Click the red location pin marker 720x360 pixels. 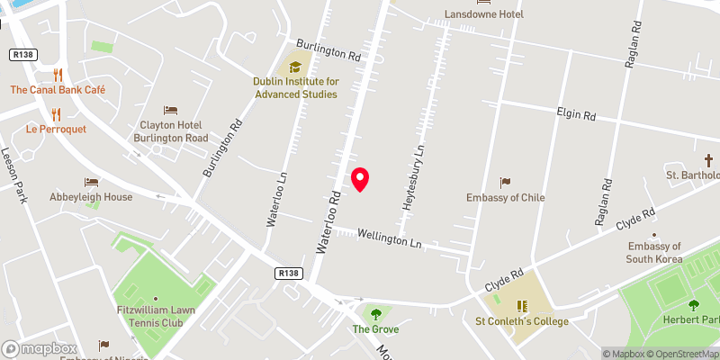coord(360,178)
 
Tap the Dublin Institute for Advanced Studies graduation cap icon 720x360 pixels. coord(294,66)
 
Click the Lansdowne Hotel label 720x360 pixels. coord(484,14)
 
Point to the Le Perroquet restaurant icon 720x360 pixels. coord(56,114)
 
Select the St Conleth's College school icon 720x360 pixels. coord(522,306)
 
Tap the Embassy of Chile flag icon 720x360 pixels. coord(506,183)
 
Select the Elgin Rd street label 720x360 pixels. coord(576,115)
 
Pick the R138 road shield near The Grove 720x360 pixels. coord(288,272)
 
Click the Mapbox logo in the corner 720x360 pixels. coord(39,348)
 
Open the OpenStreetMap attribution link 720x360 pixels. coord(677,353)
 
